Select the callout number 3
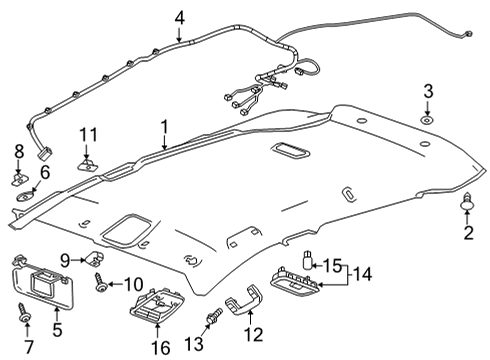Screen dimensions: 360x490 [x=427, y=93]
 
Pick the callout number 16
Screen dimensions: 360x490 [x=155, y=347]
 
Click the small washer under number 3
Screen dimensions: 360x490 [x=427, y=120]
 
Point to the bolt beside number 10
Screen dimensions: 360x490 [x=102, y=286]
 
